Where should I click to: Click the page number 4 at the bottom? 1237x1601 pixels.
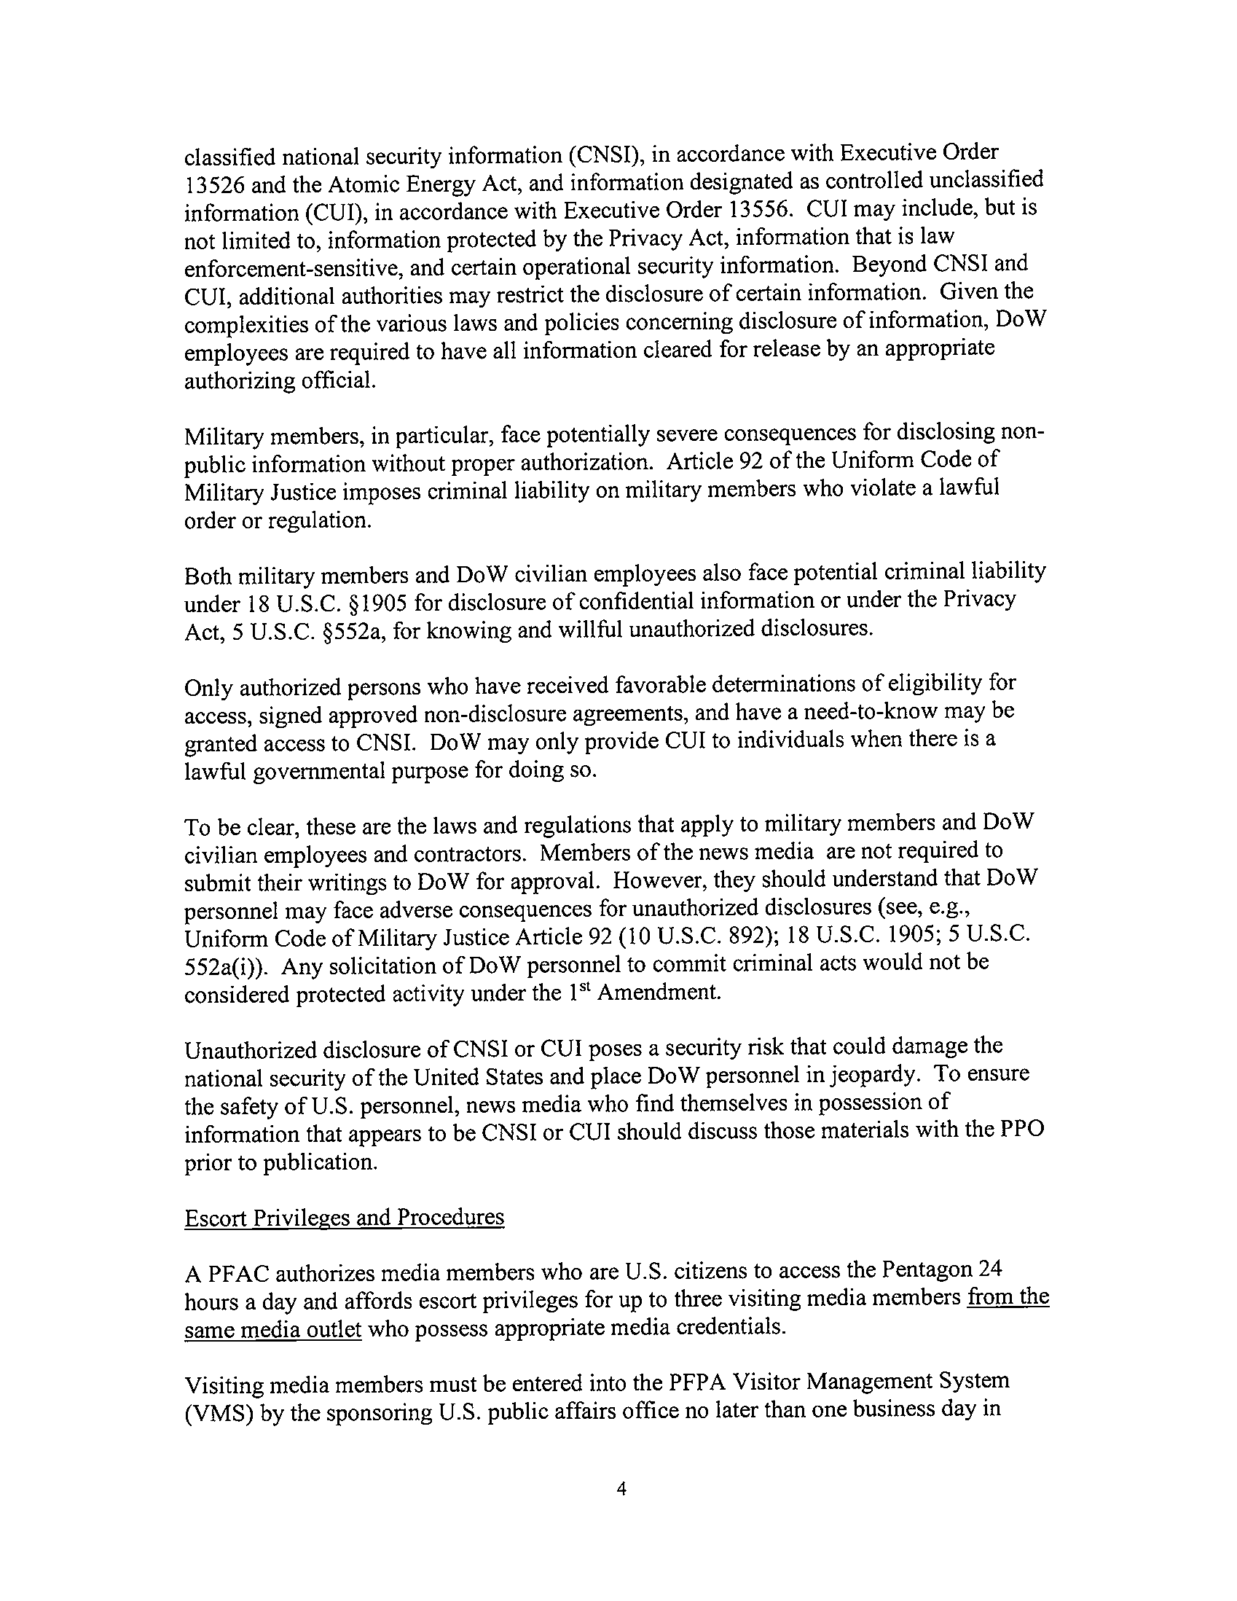coord(621,1489)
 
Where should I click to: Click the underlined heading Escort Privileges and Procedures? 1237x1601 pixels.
coord(344,1218)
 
